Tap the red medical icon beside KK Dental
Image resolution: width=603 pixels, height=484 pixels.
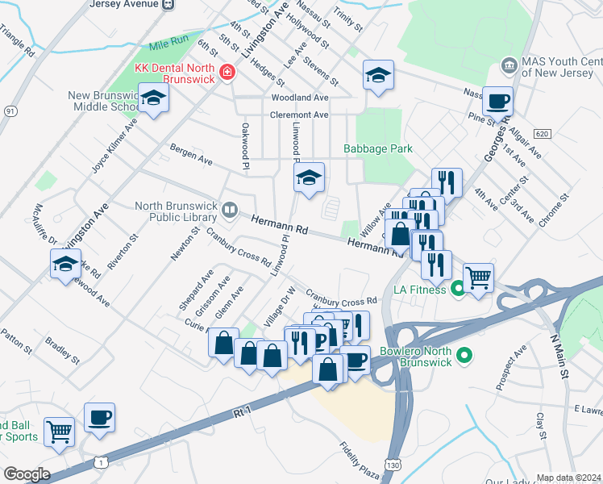pyautogui.click(x=227, y=73)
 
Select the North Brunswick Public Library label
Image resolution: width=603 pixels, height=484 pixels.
pyautogui.click(x=177, y=211)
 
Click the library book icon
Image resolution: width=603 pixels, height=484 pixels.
pyautogui.click(x=230, y=211)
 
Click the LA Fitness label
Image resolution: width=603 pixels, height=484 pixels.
pyautogui.click(x=420, y=287)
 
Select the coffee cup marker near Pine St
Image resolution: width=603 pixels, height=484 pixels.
pyautogui.click(x=498, y=102)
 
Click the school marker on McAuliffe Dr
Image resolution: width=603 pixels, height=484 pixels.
pyautogui.click(x=65, y=264)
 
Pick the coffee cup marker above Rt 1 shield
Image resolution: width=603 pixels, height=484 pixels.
pyautogui.click(x=99, y=417)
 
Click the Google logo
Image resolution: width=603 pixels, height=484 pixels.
pyautogui.click(x=26, y=474)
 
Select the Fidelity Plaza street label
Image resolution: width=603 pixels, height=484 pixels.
pyautogui.click(x=360, y=459)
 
